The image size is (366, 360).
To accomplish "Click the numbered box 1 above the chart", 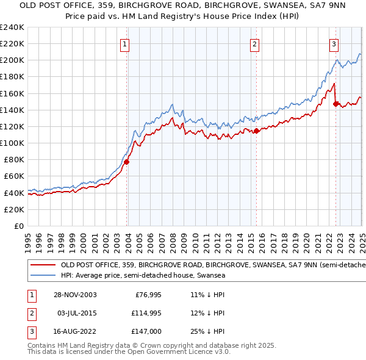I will [124, 43].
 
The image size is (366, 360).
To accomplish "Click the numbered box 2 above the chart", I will [254, 43].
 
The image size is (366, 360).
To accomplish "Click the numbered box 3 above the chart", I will [334, 43].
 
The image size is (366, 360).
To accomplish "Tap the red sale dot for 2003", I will [127, 162].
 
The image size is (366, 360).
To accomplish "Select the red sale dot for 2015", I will [257, 131].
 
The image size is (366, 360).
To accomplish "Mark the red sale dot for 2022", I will [336, 104].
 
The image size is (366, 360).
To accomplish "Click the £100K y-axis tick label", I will [12, 143].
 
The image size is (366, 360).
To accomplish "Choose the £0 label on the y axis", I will [18, 226].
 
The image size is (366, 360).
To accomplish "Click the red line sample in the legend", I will [43, 265].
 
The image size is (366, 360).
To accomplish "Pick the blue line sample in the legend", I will [43, 276].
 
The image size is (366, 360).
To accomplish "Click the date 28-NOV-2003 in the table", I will [74, 295].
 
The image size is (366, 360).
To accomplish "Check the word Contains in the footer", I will [42, 345].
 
